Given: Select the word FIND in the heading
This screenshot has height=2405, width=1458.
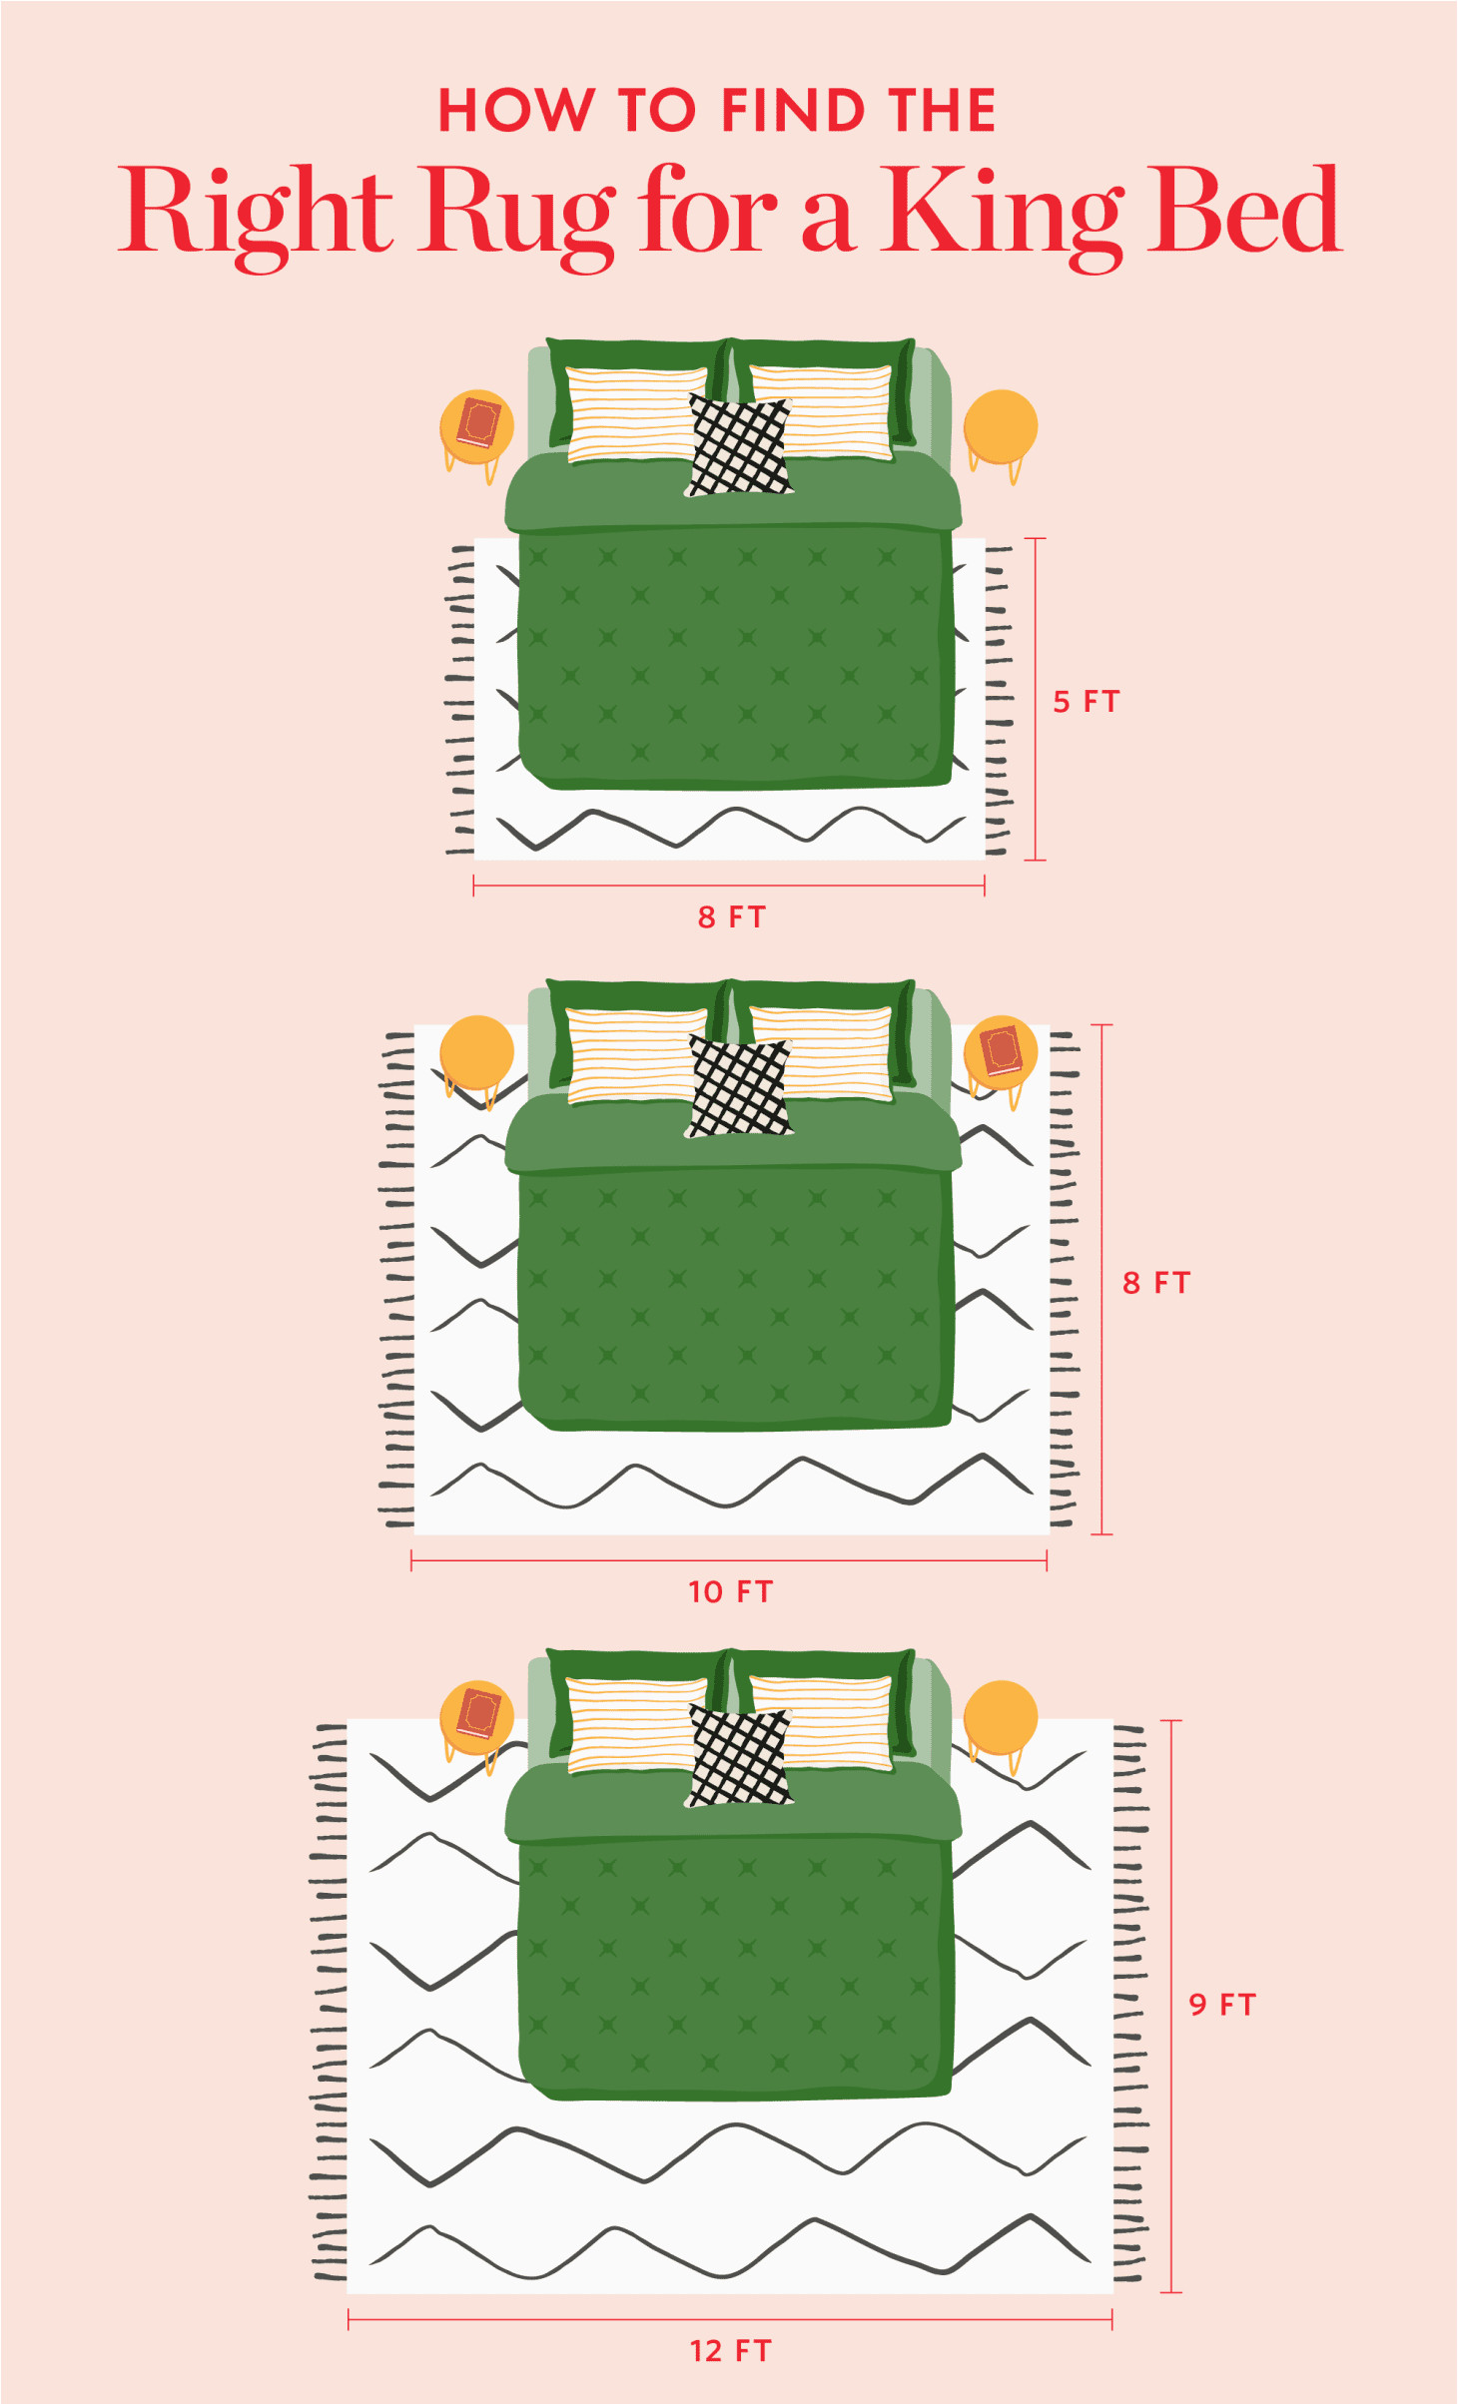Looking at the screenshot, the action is click(x=793, y=110).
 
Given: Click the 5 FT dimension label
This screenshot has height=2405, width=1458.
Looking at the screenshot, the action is click(x=1087, y=702).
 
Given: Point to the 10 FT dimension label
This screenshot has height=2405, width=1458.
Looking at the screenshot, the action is click(x=731, y=1591).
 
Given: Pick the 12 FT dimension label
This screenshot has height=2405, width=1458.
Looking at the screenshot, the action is click(x=731, y=2351).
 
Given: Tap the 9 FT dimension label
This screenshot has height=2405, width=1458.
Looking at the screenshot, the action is click(x=1222, y=2004).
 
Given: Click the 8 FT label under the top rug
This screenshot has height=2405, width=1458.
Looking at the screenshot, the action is click(x=732, y=916).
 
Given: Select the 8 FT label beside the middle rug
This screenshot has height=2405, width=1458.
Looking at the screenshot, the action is click(x=1157, y=1283).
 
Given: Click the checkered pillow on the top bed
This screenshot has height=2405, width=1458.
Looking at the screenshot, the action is click(x=739, y=446).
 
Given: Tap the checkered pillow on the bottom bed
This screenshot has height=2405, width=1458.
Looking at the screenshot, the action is click(x=739, y=1756).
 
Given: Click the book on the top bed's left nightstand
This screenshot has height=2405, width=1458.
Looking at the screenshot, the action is click(x=478, y=423).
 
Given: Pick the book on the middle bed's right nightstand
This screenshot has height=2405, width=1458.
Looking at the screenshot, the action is click(x=1002, y=1050).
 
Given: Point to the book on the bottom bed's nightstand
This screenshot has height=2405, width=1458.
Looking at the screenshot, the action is click(x=478, y=1713).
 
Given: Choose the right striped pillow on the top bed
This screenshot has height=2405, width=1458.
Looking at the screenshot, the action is click(x=821, y=412).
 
